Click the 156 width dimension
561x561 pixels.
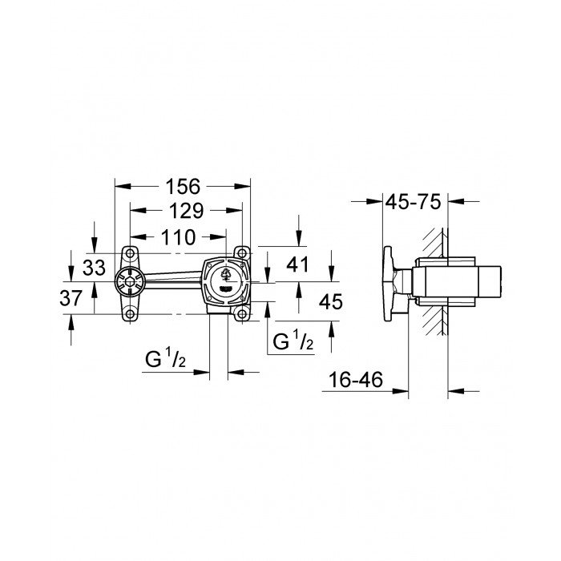(x=183, y=186)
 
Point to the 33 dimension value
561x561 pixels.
(x=95, y=268)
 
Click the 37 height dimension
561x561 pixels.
(x=72, y=298)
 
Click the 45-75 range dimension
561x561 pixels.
(x=414, y=202)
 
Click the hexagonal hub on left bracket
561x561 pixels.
(x=124, y=283)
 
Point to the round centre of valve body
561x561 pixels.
(x=225, y=281)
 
